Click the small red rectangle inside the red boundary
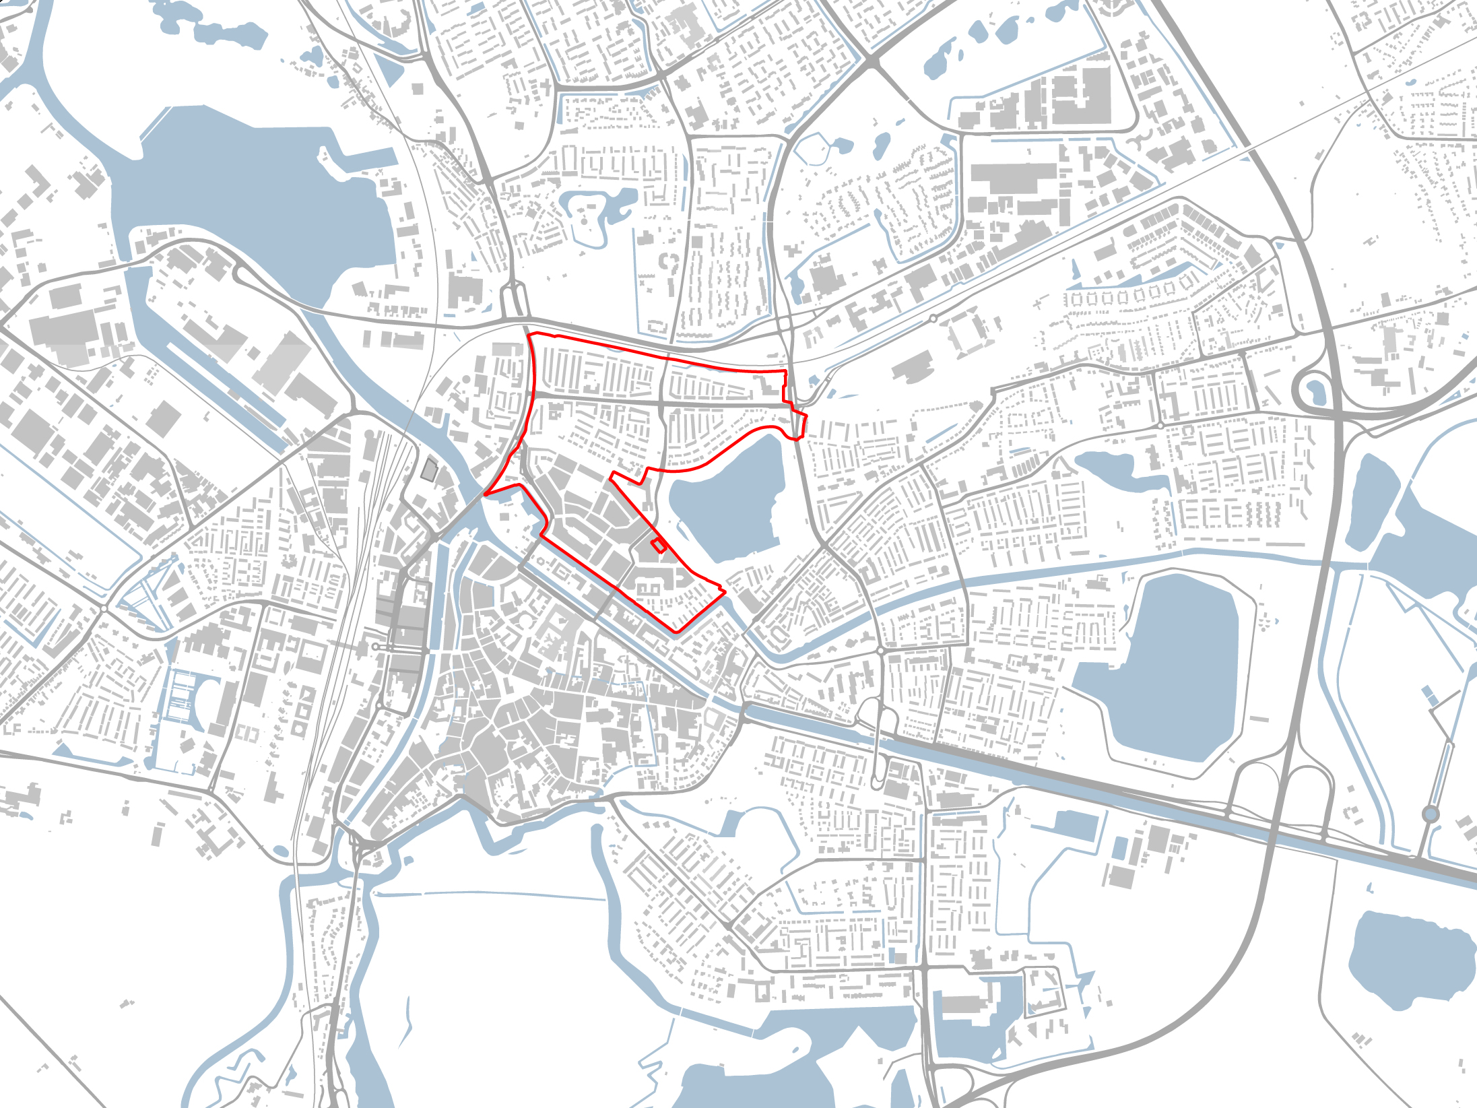[659, 546]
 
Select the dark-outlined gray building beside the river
[428, 469]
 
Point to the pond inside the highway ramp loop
[1315, 389]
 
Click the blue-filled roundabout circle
[1431, 815]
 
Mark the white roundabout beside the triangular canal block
[104, 609]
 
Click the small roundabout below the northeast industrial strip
[933, 318]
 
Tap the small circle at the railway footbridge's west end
[375, 647]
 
